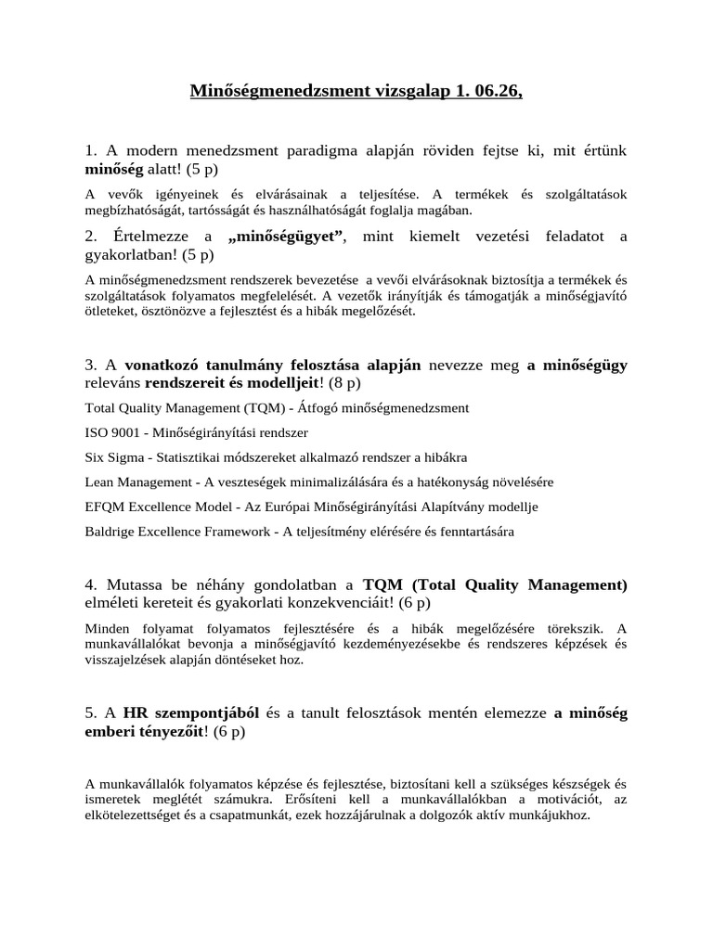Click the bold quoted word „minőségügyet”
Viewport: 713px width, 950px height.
click(x=287, y=237)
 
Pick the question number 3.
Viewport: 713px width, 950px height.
click(x=89, y=366)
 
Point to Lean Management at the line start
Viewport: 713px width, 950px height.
click(x=135, y=482)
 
